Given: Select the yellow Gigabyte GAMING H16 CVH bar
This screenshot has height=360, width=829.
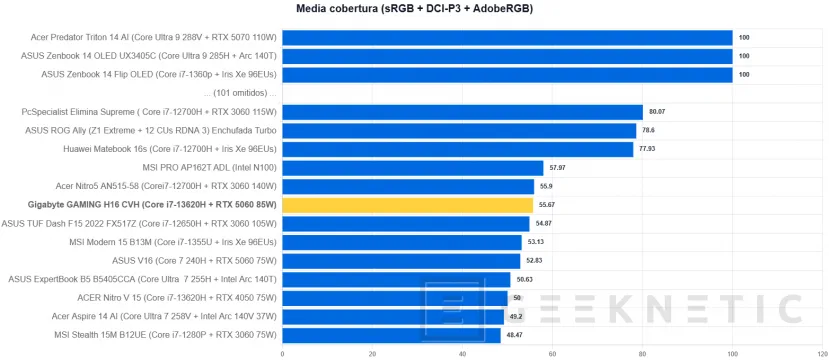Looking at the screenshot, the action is pyautogui.click(x=408, y=205).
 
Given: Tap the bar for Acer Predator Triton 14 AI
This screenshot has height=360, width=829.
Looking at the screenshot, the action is pyautogui.click(x=508, y=38).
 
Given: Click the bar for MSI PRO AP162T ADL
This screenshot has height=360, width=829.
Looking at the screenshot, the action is pyautogui.click(x=413, y=168).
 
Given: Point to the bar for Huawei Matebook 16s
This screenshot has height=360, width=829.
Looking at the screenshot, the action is pyautogui.click(x=458, y=150).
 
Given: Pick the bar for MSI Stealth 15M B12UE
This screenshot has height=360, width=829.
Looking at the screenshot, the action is pyautogui.click(x=391, y=336).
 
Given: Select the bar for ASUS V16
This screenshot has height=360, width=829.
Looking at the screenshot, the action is pyautogui.click(x=401, y=261).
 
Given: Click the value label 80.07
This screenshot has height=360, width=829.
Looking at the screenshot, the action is pyautogui.click(x=657, y=112).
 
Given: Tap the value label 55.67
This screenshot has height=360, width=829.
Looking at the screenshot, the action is pyautogui.click(x=547, y=205).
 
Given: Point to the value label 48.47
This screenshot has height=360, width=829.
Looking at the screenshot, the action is pyautogui.click(x=514, y=336).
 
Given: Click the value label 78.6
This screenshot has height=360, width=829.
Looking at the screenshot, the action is pyautogui.click(x=649, y=131).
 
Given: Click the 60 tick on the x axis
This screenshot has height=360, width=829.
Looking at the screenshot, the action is pyautogui.click(x=552, y=354).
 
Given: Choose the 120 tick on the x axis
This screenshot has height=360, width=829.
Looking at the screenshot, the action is pyautogui.click(x=822, y=354).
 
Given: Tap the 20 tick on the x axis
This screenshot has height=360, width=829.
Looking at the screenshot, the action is pyautogui.click(x=372, y=354).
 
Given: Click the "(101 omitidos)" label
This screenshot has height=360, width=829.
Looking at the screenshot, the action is pyautogui.click(x=241, y=94).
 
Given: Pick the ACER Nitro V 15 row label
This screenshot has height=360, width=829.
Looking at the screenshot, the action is pyautogui.click(x=177, y=298).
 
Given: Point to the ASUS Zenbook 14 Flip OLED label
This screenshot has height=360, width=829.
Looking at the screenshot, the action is pyautogui.click(x=159, y=75).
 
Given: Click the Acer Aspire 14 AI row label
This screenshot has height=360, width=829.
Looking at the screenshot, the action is pyautogui.click(x=164, y=317).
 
